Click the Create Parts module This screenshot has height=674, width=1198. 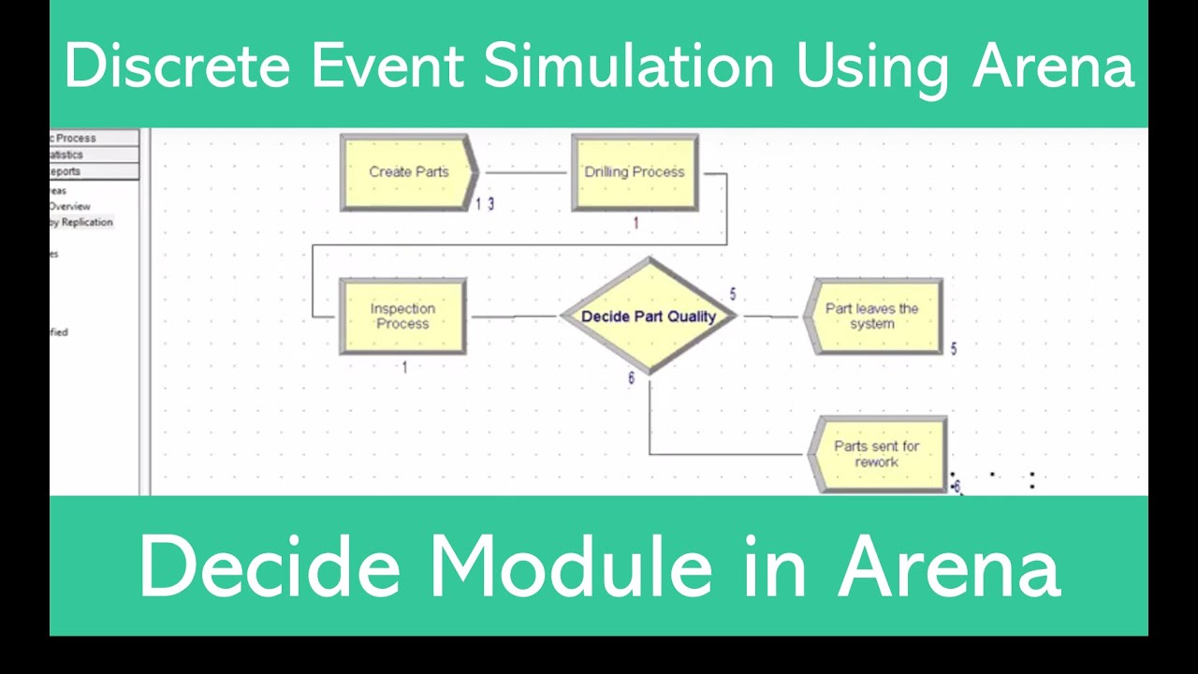pos(408,172)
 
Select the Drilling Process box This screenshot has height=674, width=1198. pos(635,172)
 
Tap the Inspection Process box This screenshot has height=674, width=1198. pos(402,316)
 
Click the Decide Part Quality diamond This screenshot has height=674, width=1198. pos(648,316)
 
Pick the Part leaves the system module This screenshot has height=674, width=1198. pos(872,316)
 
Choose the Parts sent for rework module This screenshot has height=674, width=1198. pos(876,454)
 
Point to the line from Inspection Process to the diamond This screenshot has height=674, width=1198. pos(513,316)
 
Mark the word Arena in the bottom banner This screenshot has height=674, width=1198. pos(949,567)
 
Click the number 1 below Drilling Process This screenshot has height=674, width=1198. pos(636,224)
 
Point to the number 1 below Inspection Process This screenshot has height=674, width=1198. pos(404,368)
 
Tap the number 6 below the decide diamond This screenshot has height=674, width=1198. pos(631,379)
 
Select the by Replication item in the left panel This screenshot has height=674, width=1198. pos(81,223)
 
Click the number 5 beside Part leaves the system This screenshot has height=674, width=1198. pos(954,349)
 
